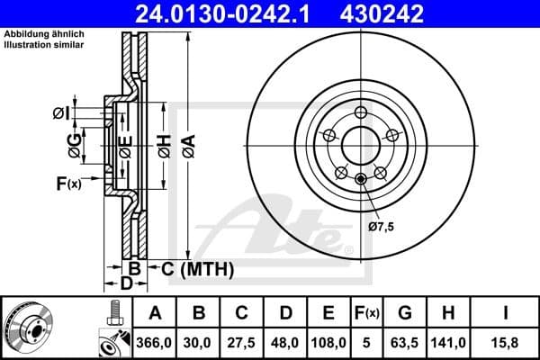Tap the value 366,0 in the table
pyautogui.click(x=155, y=342)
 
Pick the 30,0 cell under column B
pyautogui.click(x=199, y=342)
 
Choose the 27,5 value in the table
pyautogui.click(x=242, y=342)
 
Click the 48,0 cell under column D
pyautogui.click(x=285, y=342)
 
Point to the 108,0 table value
pyautogui.click(x=329, y=342)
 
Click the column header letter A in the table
pyautogui.click(x=155, y=313)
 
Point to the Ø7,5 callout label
pyautogui.click(x=382, y=228)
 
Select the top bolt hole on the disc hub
pyautogui.click(x=362, y=112)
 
